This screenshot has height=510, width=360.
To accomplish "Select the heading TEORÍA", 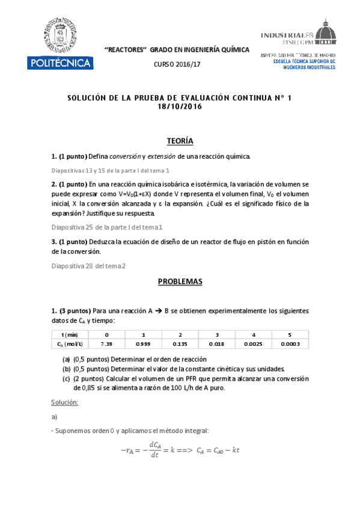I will click(180, 141).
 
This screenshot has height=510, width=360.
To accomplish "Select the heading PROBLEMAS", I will click(180, 281).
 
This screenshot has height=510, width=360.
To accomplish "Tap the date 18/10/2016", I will click(180, 107).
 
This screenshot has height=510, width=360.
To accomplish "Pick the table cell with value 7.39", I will click(106, 343).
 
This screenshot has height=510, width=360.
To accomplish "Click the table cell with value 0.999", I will click(143, 343).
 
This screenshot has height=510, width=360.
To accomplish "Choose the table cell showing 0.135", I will click(180, 343).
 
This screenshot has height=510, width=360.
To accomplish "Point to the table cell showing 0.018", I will click(216, 343).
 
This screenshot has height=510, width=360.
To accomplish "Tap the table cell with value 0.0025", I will click(254, 343).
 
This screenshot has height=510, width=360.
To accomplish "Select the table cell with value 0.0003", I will click(290, 343).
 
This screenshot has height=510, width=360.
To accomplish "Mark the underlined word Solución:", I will click(66, 401).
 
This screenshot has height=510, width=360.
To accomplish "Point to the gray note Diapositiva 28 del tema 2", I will click(88, 266).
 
